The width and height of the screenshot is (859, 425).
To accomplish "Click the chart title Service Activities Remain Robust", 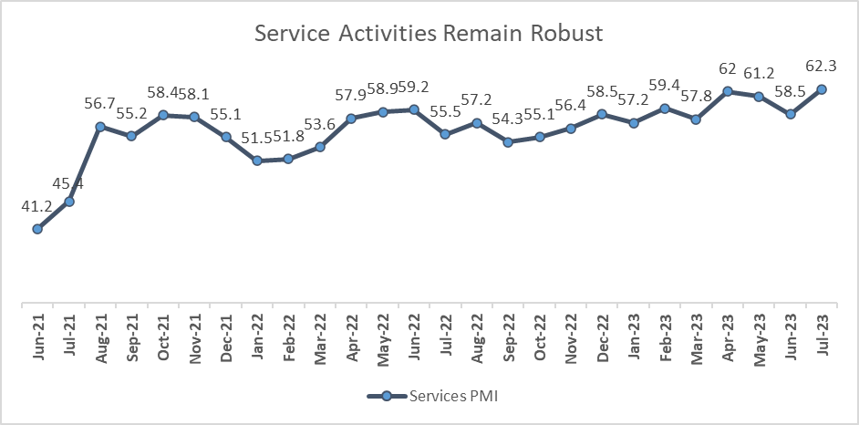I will tap(429, 35).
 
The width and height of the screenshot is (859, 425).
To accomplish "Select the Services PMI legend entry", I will tap(429, 396).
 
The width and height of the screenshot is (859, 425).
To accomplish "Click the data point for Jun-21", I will tap(37, 229).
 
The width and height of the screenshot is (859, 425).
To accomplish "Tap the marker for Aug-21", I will tap(100, 127).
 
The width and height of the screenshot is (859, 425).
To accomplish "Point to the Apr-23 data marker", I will tap(728, 91).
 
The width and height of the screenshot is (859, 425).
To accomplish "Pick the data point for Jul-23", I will tap(822, 89).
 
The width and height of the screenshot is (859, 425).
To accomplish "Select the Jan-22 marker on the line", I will tap(257, 161).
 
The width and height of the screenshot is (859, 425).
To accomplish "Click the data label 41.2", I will tap(37, 207).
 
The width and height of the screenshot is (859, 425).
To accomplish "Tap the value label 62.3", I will tap(822, 67).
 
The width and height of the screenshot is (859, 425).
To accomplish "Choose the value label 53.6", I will tap(320, 124).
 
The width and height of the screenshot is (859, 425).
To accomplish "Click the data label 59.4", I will tap(665, 86).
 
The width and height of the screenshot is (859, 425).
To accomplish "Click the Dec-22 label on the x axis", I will tap(603, 339).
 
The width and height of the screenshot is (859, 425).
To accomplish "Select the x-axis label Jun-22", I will tap(415, 339).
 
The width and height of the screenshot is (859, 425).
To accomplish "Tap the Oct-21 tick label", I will tap(163, 339).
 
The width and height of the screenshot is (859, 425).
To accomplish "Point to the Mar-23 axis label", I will tap(697, 339).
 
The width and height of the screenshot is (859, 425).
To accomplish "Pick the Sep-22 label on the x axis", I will tap(509, 339).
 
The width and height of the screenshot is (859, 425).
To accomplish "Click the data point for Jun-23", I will tap(791, 114).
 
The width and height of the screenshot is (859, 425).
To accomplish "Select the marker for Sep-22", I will tap(509, 141).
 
